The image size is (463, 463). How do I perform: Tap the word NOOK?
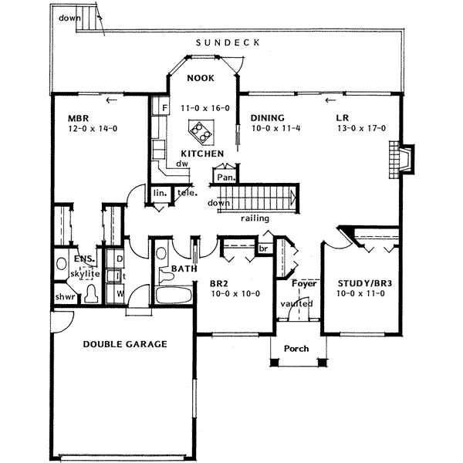click(x=199, y=78)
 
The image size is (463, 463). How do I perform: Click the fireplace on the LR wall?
click(x=402, y=158)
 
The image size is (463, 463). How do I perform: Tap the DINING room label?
click(x=269, y=118)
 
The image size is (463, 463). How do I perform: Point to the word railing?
click(x=254, y=218)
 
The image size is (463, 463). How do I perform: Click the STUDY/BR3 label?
click(x=360, y=282)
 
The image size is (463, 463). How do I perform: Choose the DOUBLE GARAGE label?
click(x=124, y=344)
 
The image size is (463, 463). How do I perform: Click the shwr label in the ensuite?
click(x=64, y=296)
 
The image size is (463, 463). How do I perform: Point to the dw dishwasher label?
click(x=182, y=164)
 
